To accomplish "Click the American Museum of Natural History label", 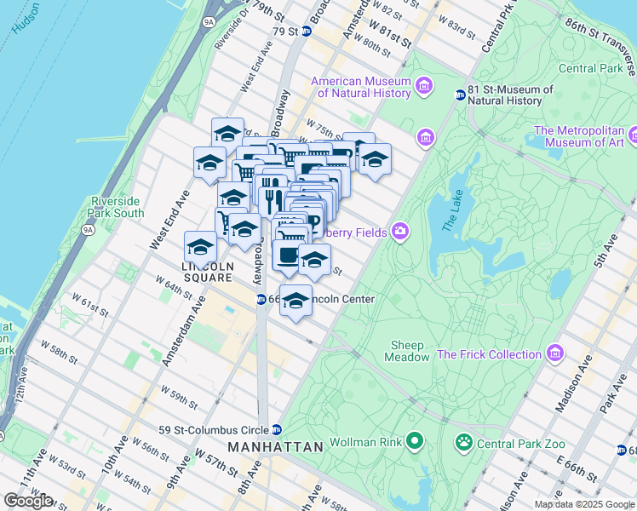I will click(x=361, y=88).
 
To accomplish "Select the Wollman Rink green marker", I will click(x=415, y=440).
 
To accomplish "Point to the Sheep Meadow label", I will click(x=409, y=351).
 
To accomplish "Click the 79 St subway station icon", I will click(x=307, y=32).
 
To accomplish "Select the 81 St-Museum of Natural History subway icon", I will click(x=460, y=95).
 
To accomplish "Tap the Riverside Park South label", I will click(x=117, y=207).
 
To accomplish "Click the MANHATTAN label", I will click(x=275, y=446).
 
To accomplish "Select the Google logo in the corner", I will click(x=28, y=501).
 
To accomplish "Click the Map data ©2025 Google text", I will click(x=584, y=504).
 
